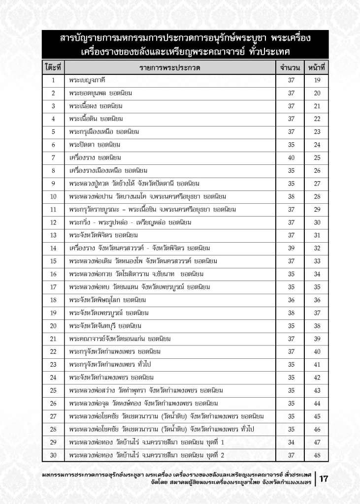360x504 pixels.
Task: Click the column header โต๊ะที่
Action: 52,66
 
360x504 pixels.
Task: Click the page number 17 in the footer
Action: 325,478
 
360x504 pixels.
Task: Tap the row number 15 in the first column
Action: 53,261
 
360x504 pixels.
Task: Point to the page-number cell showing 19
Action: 317,80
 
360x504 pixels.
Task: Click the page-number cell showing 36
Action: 317,300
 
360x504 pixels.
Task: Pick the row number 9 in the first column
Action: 53,184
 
